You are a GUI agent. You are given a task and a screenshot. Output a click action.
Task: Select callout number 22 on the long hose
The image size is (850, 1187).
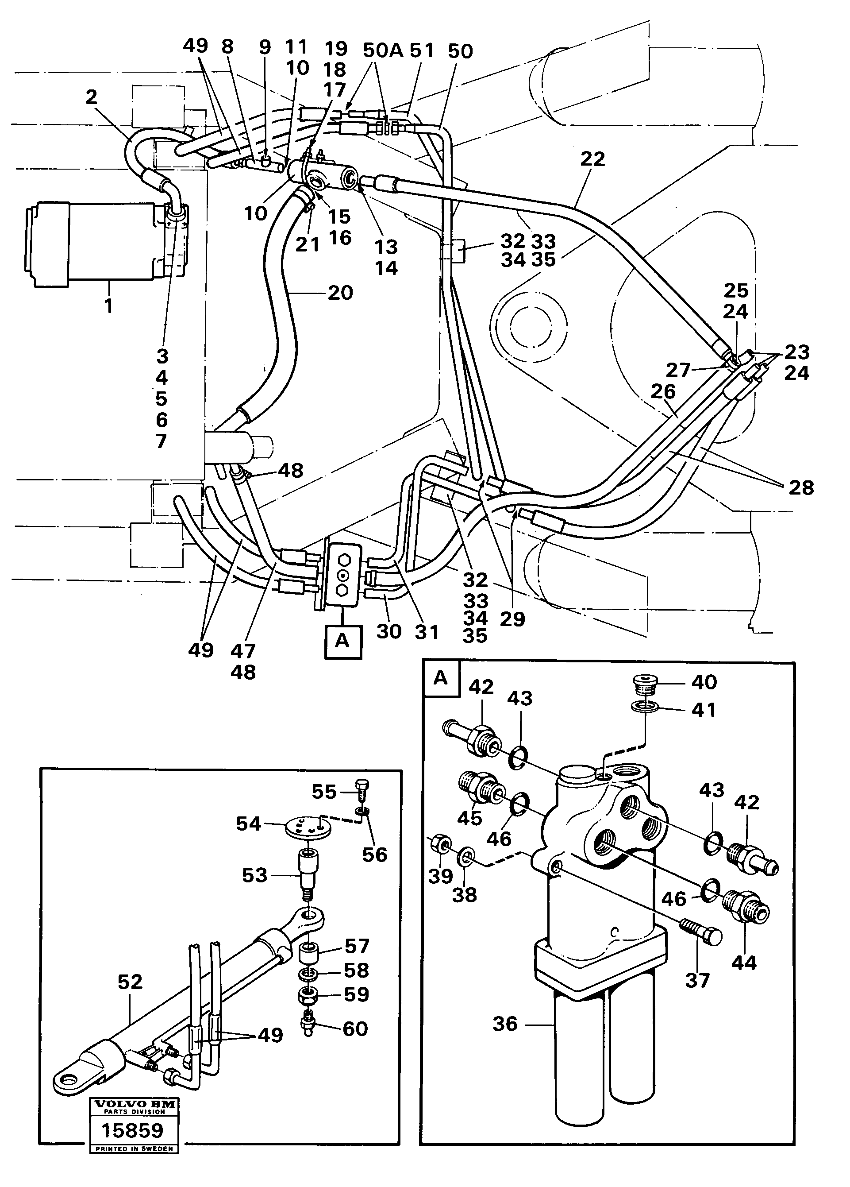[592, 159]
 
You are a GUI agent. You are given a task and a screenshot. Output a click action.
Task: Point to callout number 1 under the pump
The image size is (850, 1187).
[109, 305]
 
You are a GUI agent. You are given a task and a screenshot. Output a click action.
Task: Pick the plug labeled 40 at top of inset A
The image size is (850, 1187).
[643, 682]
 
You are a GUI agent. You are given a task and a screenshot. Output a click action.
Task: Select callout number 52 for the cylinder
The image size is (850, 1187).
[130, 982]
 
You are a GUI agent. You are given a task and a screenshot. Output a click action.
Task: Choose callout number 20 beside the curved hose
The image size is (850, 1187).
[341, 293]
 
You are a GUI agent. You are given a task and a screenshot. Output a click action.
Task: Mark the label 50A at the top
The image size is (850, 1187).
[383, 51]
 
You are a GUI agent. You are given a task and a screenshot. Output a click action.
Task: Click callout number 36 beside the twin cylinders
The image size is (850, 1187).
[505, 1024]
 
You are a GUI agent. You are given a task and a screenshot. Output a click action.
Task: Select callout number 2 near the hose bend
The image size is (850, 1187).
[92, 97]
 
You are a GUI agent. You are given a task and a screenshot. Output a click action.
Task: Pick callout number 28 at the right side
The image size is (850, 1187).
[801, 488]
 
